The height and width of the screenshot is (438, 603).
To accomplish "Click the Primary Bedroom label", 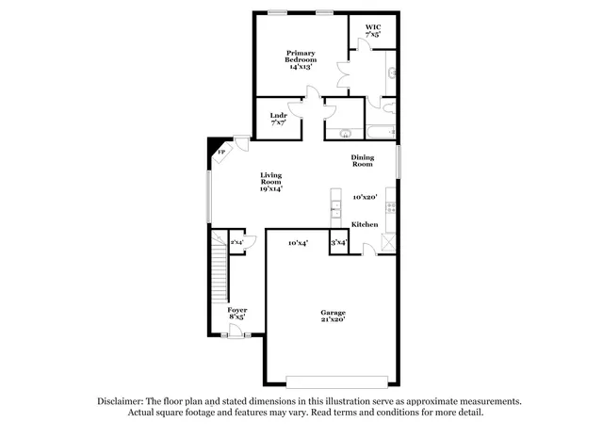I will [x=301, y=59].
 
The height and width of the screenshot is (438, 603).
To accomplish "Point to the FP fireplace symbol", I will [x=221, y=151].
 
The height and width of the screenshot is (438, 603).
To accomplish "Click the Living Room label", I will [x=271, y=181].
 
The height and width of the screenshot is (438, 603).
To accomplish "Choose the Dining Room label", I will [x=363, y=160].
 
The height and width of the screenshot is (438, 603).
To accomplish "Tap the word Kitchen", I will [x=365, y=224].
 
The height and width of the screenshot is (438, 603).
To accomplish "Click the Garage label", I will [x=332, y=316].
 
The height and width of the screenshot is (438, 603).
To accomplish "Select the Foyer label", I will [x=236, y=313].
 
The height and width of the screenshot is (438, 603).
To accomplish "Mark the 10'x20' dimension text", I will [x=365, y=197].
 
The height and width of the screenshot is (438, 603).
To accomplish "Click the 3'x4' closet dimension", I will [x=338, y=243].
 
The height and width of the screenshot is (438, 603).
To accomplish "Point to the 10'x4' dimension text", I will [x=298, y=243].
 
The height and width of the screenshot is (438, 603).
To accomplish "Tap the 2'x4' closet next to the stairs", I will [x=237, y=243].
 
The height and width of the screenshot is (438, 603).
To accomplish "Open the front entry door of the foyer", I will [x=236, y=330].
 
